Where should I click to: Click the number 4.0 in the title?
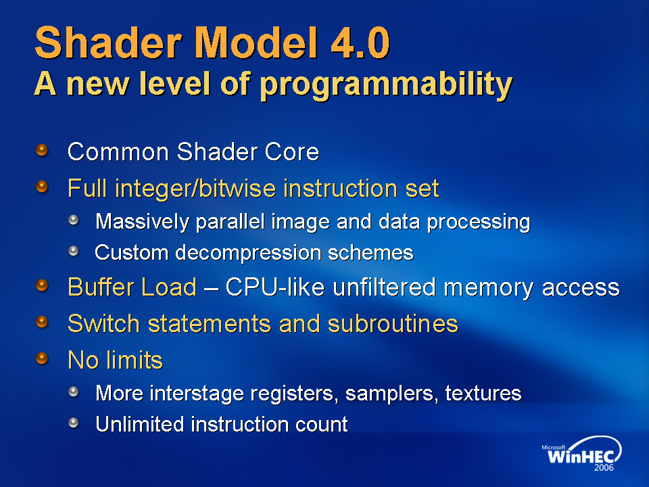360,42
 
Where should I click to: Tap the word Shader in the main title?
108,42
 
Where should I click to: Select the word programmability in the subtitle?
386,85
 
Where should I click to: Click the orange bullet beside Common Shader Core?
42,150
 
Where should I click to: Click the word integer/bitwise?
195,189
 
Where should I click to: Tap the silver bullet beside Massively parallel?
74,220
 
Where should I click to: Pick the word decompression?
248,253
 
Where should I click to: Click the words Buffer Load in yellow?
132,287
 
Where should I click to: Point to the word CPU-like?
275,287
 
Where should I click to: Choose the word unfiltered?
384,287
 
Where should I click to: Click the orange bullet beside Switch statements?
42,322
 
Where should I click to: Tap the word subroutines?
393,323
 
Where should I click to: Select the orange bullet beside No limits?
42,358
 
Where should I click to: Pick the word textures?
483,393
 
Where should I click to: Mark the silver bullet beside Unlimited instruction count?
74,422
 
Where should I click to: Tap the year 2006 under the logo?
604,467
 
